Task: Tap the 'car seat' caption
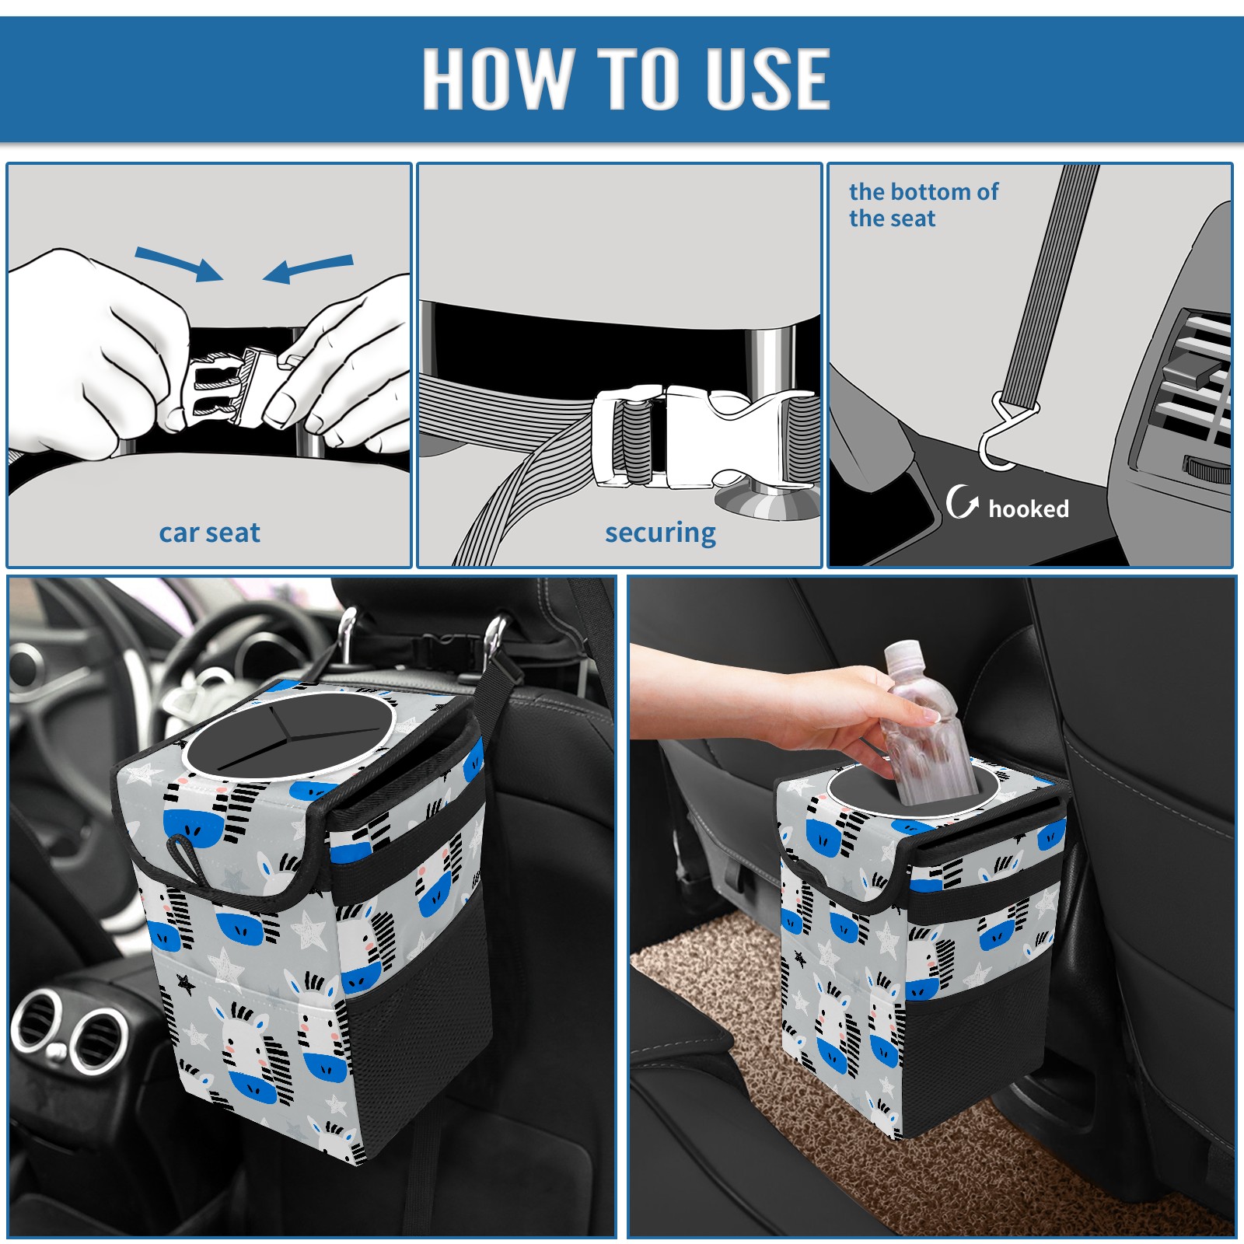(x=209, y=533)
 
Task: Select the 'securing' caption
(x=660, y=533)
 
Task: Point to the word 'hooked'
(x=1029, y=508)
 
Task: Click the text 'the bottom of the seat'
(x=923, y=204)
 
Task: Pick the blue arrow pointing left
(x=308, y=268)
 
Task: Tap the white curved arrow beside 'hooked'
(x=962, y=501)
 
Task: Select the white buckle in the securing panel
(x=700, y=437)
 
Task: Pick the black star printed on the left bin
(x=185, y=984)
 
